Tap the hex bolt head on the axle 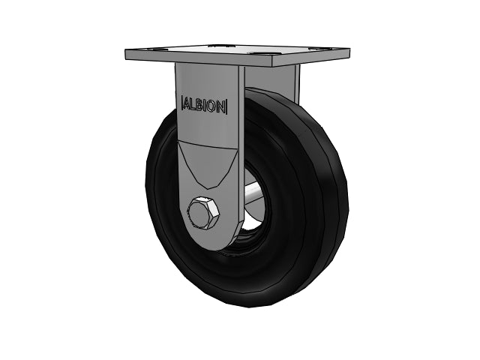point(203,213)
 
